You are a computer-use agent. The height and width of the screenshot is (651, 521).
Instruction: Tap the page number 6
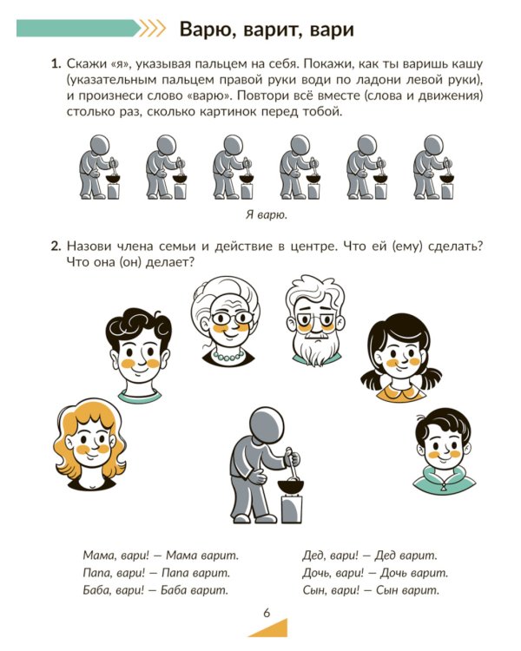(x=267, y=613)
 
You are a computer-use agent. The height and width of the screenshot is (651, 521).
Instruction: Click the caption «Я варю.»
(x=267, y=215)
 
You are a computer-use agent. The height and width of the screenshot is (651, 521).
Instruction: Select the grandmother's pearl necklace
(x=228, y=356)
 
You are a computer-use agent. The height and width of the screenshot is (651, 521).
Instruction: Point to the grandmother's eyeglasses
(x=232, y=319)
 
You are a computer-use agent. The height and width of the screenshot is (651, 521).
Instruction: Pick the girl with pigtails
(x=400, y=358)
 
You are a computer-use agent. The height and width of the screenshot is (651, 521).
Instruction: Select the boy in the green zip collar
(x=444, y=450)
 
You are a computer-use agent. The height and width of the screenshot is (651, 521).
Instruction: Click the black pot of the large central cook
(x=290, y=486)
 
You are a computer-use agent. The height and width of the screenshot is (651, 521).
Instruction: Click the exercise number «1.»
(x=56, y=64)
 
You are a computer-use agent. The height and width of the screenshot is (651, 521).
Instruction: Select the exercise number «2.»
(x=56, y=247)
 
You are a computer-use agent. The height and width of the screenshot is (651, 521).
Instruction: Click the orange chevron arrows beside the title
(x=152, y=29)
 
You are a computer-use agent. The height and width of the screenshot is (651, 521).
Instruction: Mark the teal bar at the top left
(x=78, y=29)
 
